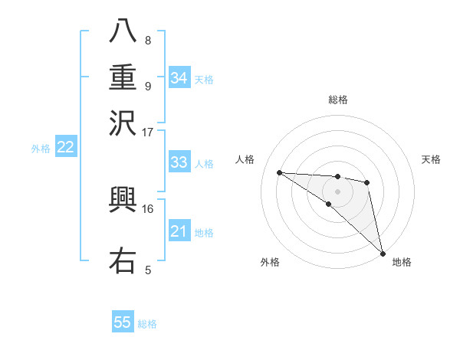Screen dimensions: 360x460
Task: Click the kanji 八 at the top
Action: [123, 31]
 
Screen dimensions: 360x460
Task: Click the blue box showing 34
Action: [179, 78]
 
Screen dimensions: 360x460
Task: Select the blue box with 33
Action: [179, 162]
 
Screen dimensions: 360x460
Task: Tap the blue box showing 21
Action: [179, 231]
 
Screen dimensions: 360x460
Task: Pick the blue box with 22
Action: [65, 148]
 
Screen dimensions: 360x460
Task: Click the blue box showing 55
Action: [123, 322]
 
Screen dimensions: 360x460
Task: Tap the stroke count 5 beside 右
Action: [147, 270]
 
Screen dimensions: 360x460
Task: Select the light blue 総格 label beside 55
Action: [147, 324]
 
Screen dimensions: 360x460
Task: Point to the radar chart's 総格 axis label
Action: [337, 100]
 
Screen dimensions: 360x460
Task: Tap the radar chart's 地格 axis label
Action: [402, 262]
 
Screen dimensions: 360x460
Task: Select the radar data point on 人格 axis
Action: [279, 172]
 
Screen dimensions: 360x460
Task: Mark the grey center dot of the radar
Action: [337, 191]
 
